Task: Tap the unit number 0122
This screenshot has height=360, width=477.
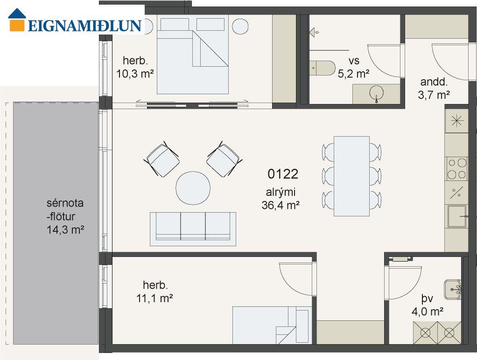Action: coord(283,174)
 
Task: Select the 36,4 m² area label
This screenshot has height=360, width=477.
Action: coord(281,205)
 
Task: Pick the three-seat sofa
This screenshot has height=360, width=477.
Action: coord(193,229)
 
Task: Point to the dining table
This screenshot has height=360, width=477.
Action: coord(351,176)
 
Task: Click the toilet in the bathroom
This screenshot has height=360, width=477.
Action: coord(323,68)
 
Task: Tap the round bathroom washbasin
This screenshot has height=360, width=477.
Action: coord(377,93)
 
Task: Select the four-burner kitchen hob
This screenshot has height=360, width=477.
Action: coord(457,169)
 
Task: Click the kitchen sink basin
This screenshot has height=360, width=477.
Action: coord(457,216)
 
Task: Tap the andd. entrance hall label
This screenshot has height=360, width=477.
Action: coord(434,82)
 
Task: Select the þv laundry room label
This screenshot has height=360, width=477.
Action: coord(427,299)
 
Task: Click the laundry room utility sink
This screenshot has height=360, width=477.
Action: coord(452,289)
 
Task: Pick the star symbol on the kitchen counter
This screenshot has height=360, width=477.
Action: coord(457,121)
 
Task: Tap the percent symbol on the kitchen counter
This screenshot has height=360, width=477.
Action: coord(456,193)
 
